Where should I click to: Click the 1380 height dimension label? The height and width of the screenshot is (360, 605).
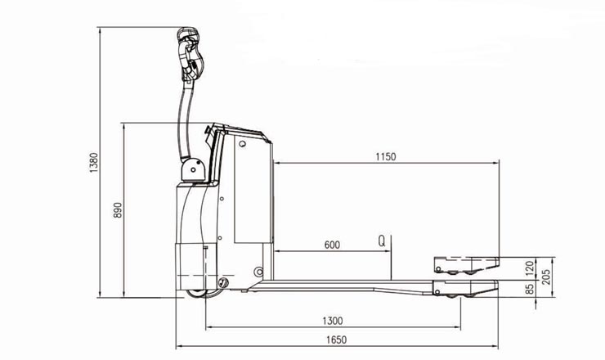point(94,163)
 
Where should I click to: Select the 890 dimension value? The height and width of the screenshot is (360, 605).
point(118,210)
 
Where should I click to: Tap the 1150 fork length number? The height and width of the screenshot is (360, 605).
point(386,157)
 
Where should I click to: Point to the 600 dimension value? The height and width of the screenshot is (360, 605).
point(332,245)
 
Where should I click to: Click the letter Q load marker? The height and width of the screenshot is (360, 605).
point(381,241)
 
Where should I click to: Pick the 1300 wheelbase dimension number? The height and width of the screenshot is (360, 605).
point(332,321)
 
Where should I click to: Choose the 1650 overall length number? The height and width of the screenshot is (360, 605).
point(337,340)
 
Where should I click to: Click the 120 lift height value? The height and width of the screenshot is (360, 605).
point(530,268)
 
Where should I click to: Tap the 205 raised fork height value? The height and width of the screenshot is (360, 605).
point(546,277)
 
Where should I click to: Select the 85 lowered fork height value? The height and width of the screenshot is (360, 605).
point(530,289)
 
